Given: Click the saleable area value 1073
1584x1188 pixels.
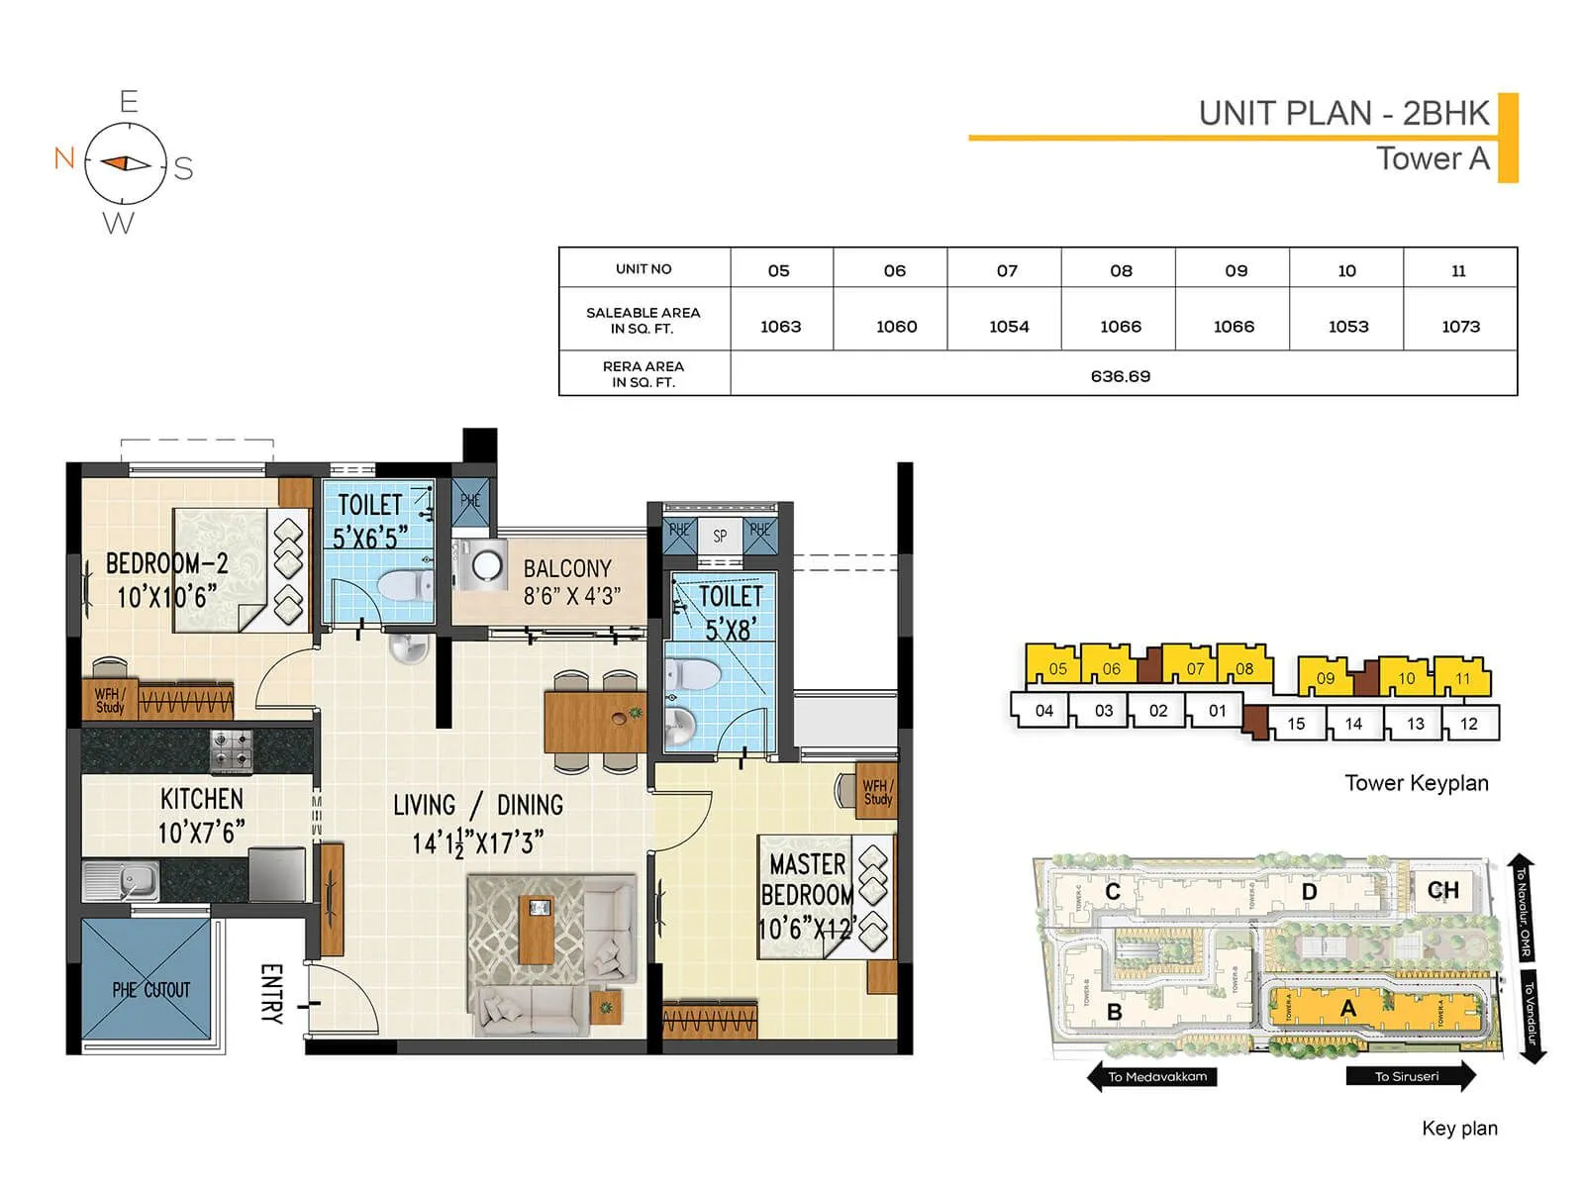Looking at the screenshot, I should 1460,327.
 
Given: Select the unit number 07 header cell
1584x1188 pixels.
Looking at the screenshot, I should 1007,270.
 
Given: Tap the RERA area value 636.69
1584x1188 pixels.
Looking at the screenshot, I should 1120,376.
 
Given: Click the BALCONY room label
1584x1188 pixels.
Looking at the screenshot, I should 567,569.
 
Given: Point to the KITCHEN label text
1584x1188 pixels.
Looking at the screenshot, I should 202,799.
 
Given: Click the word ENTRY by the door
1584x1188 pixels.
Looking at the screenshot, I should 271,993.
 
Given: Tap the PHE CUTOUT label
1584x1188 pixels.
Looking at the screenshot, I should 150,990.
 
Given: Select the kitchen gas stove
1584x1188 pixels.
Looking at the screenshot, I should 233,750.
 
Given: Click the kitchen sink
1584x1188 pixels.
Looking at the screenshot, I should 120,879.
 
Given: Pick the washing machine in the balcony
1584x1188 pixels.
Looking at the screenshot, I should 484,566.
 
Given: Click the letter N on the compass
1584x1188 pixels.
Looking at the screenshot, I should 64,158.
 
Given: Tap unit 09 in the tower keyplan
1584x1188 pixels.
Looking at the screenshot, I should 1325,678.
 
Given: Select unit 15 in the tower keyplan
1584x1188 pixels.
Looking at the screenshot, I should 1296,724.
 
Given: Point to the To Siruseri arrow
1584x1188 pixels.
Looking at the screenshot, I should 1410,1077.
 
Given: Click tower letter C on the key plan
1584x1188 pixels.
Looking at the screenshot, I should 1112,892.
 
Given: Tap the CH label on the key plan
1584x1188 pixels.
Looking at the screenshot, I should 1442,890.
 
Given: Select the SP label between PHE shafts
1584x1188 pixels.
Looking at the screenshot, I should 720,536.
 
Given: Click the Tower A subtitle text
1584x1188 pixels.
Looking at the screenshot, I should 1432,159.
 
